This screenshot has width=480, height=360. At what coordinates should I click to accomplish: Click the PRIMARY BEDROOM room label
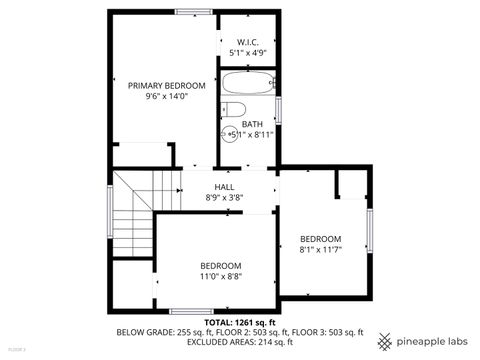click(x=166, y=86)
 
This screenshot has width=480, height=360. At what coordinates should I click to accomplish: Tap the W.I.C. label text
click(x=248, y=42)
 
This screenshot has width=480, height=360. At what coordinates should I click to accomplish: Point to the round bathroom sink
click(x=229, y=134)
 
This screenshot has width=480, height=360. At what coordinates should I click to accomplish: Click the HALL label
click(x=224, y=186)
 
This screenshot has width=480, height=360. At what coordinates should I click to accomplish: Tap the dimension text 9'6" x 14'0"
click(x=166, y=98)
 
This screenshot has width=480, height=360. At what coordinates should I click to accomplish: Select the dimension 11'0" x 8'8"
click(x=221, y=275)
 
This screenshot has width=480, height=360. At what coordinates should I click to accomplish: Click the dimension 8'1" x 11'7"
click(x=320, y=250)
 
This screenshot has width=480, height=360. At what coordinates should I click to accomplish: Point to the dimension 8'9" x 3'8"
click(x=224, y=198)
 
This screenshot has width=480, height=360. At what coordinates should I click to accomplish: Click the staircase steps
click(x=132, y=215)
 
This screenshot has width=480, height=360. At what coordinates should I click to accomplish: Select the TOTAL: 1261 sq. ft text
click(x=239, y=322)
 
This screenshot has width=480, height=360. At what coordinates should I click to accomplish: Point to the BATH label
click(x=251, y=124)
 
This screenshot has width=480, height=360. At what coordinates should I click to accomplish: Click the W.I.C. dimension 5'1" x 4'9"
click(x=248, y=53)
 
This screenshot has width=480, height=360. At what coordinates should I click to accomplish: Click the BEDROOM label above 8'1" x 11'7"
click(x=320, y=238)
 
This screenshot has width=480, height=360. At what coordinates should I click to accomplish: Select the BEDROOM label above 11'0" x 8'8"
click(x=221, y=264)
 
